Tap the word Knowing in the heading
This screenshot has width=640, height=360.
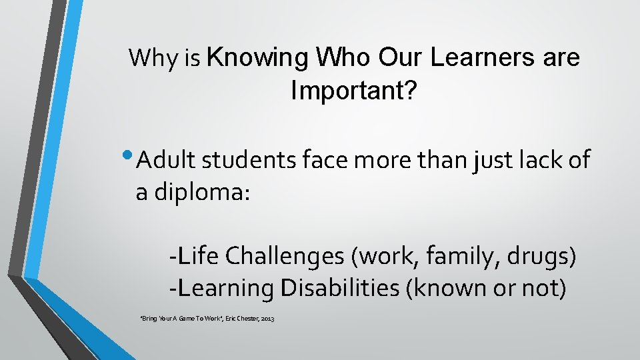pyautogui.click(x=258, y=58)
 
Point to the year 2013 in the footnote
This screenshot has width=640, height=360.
pyautogui.click(x=267, y=319)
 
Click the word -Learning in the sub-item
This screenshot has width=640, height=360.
pyautogui.click(x=221, y=288)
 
